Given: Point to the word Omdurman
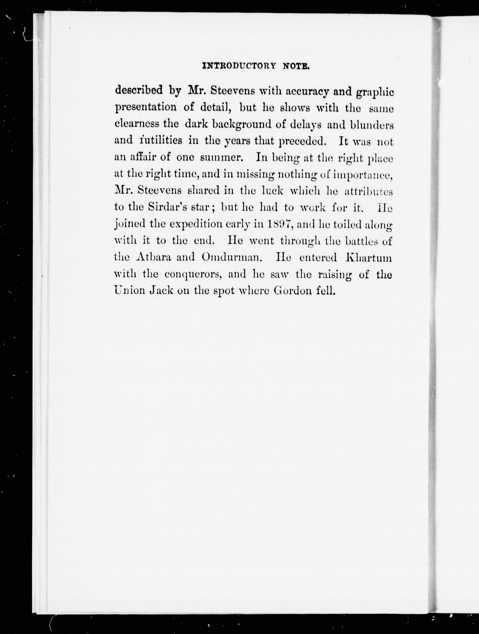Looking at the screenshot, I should coord(232,257).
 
